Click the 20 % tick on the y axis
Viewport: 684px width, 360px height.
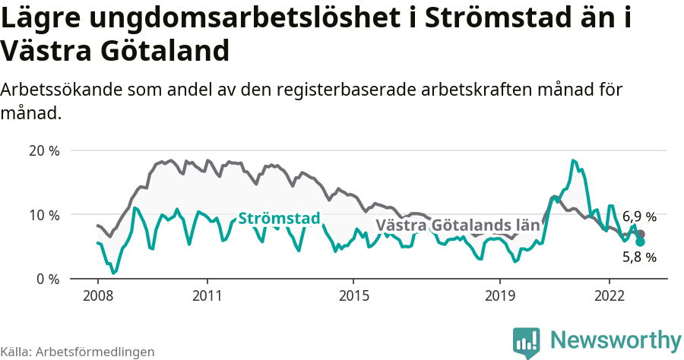pos(43,150)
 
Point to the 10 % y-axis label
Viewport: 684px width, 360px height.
pos(43,215)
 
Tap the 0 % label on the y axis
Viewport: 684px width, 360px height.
pos(47,279)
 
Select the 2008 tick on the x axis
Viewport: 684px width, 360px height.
pos(98,295)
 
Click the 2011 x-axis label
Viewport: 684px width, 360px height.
pos(207,295)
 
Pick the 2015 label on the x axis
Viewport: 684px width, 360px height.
pos(353,295)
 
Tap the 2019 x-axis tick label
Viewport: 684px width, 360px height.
pos(500,295)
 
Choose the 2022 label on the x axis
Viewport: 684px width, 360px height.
pos(610,295)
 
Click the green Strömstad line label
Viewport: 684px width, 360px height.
pos(279,219)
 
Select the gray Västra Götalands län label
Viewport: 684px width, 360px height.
pos(458,226)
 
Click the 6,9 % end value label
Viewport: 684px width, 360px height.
pos(639,217)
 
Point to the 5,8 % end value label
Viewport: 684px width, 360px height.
pos(639,257)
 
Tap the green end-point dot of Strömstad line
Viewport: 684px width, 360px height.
pos(641,242)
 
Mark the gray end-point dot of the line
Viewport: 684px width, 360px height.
pos(641,234)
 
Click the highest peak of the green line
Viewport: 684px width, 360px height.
pos(573,160)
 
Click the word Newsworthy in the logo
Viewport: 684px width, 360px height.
pos(616,339)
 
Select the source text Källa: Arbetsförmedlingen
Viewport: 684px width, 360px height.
pos(78,352)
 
